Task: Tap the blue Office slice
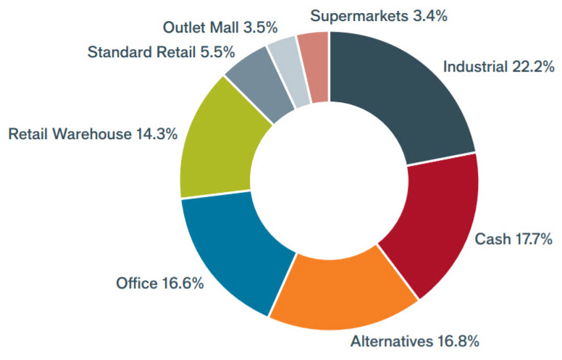click(x=232, y=250)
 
